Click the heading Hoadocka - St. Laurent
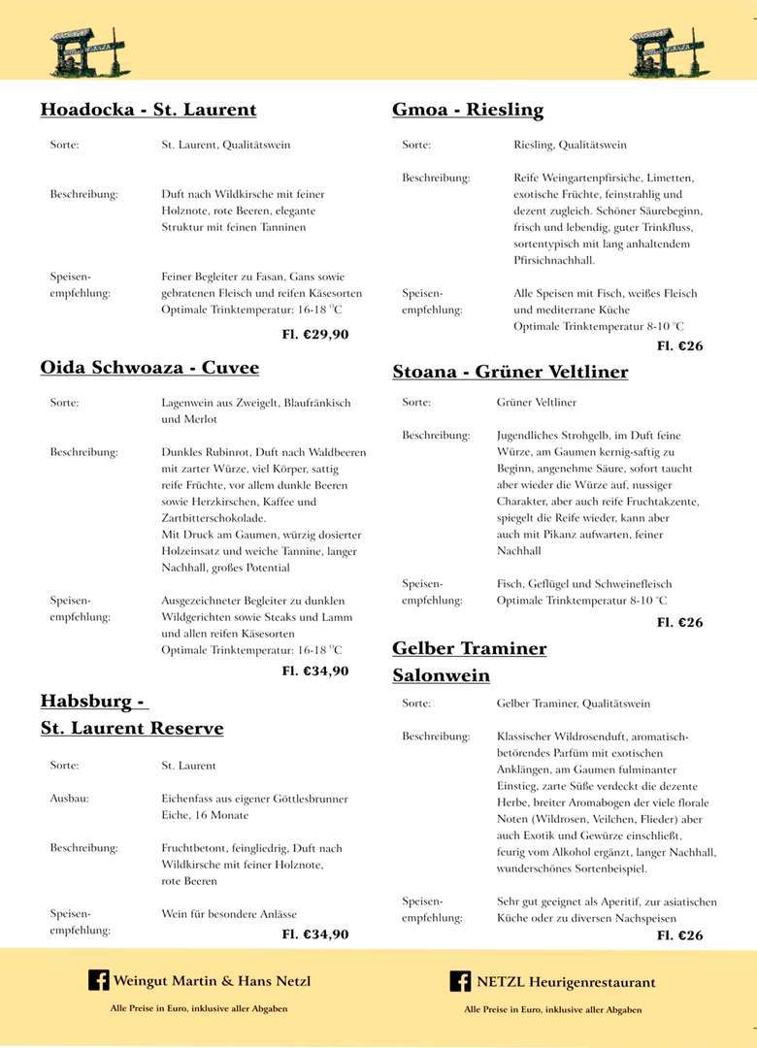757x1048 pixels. pos(148,110)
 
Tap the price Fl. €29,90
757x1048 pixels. pos(315,335)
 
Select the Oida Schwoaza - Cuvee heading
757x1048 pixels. pos(149,368)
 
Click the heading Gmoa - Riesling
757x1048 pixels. pos(468,110)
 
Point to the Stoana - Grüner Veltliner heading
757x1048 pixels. pos(510,372)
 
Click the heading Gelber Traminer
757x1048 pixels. pos(469,648)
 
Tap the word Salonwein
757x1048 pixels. pos(441,675)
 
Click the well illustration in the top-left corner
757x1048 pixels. pos(88,51)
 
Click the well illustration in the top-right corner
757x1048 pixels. pos(669,51)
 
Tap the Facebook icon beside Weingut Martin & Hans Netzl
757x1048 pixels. pos(98,980)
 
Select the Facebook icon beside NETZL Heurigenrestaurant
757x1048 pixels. pos(460,981)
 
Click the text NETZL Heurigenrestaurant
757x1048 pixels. pos(566,982)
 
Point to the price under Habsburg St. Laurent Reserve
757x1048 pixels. pos(315,935)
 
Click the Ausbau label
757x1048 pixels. pos(69,799)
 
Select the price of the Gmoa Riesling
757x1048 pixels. pos(679,346)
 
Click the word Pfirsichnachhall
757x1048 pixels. pos(554,261)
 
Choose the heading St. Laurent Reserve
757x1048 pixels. pos(132,728)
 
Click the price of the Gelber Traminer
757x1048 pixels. pos(679,936)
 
